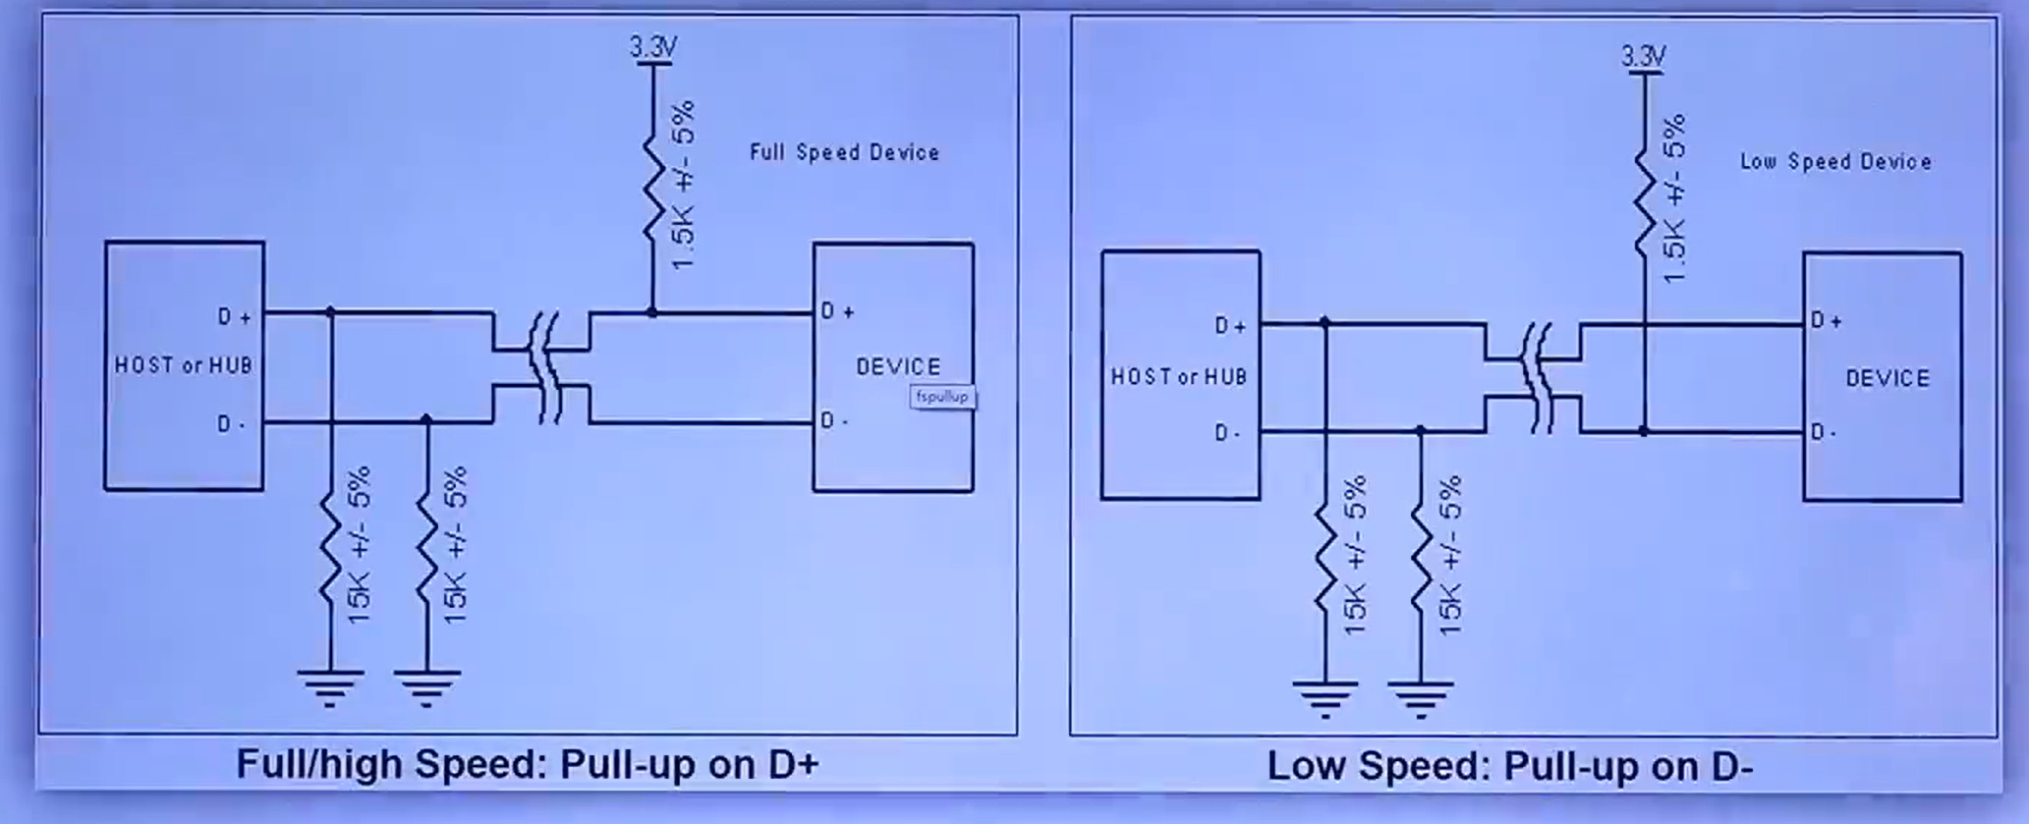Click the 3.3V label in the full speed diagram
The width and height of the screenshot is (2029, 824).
pyautogui.click(x=653, y=47)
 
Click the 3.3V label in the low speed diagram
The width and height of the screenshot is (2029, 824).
pyautogui.click(x=1644, y=57)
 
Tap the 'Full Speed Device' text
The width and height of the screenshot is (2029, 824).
pyautogui.click(x=844, y=152)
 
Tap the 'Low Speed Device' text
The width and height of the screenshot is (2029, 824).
pyautogui.click(x=1835, y=162)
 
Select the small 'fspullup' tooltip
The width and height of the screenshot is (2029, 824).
pyautogui.click(x=942, y=397)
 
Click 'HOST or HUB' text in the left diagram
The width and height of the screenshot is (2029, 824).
pyautogui.click(x=184, y=365)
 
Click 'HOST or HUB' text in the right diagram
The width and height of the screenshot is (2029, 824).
pyautogui.click(x=1178, y=377)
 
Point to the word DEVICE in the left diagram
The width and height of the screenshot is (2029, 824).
pyautogui.click(x=898, y=366)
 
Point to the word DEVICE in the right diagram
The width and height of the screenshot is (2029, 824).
pyautogui.click(x=1888, y=378)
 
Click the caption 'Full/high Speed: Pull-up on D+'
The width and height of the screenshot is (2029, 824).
pyautogui.click(x=528, y=764)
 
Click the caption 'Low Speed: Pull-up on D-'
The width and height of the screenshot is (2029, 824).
pyautogui.click(x=1509, y=766)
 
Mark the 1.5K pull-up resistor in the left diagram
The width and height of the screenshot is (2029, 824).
pyautogui.click(x=653, y=187)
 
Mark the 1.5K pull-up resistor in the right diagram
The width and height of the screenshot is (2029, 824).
pyautogui.click(x=1644, y=201)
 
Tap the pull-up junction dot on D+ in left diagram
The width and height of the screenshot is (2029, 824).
pyautogui.click(x=652, y=312)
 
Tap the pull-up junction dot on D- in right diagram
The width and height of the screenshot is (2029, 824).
pyautogui.click(x=1644, y=431)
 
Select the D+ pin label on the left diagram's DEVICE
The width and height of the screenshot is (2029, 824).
pyautogui.click(x=837, y=311)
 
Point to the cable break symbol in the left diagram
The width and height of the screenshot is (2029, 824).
pyautogui.click(x=543, y=367)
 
